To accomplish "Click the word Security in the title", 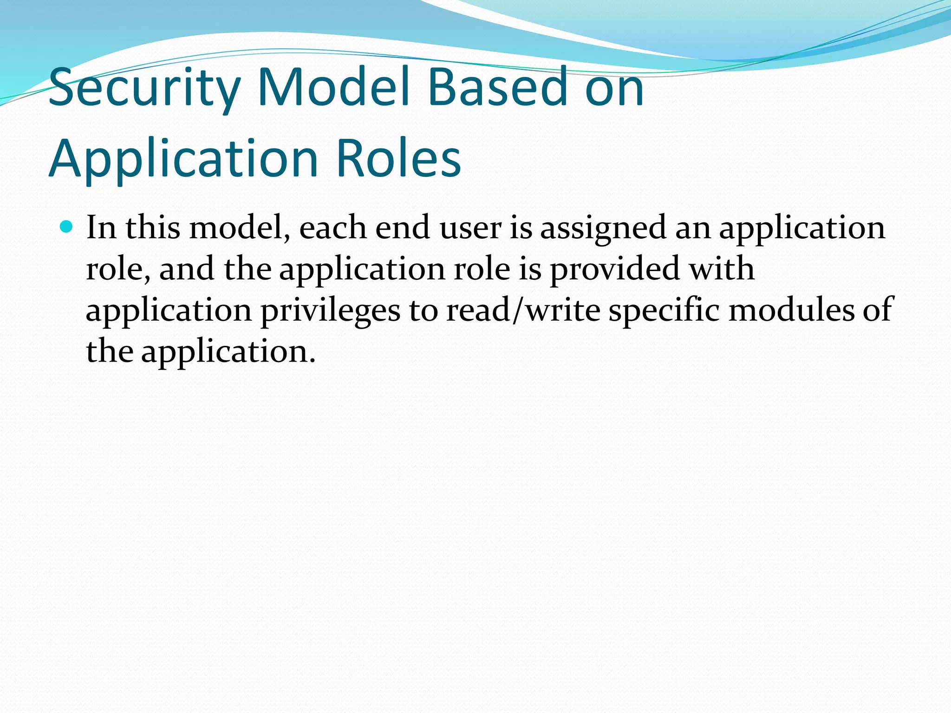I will [144, 87].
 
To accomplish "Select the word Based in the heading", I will [497, 86].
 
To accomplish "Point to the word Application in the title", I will [184, 159].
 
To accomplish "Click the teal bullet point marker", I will [67, 227].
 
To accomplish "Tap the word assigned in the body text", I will [603, 229].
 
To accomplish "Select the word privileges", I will [330, 311].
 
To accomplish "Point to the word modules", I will [791, 310].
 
